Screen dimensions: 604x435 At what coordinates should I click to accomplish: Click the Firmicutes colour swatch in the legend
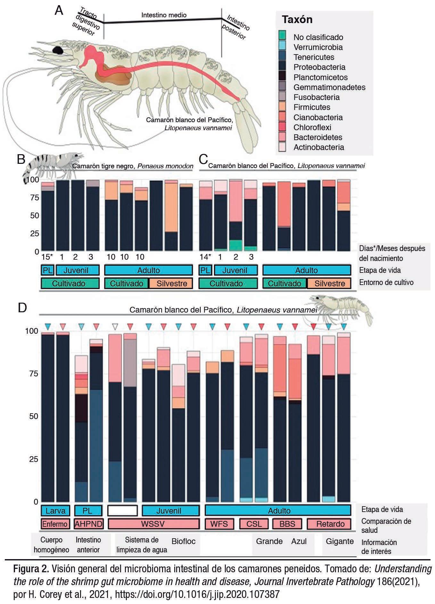282,107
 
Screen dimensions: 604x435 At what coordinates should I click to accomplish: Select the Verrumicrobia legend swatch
282,47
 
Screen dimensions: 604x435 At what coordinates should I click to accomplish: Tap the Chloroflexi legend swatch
282,127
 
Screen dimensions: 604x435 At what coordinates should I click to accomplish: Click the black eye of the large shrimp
58,50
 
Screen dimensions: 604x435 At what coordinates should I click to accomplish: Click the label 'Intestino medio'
164,15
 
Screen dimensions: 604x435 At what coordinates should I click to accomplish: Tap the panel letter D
22,308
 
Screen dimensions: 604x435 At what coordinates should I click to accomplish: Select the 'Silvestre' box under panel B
172,283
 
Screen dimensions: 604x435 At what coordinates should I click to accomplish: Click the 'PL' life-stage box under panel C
205,270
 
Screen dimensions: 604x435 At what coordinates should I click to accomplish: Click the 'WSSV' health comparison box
153,524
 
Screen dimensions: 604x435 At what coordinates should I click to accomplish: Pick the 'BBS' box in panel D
287,524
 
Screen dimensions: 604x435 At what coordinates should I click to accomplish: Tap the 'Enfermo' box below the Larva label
55,524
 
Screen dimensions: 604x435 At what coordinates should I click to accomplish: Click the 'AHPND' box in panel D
88,524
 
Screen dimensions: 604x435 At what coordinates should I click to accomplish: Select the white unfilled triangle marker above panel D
115,327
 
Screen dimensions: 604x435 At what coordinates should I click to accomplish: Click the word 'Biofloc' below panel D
184,541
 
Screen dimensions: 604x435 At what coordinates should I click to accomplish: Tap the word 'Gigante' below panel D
340,541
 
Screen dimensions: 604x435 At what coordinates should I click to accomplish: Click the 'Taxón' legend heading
297,20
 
